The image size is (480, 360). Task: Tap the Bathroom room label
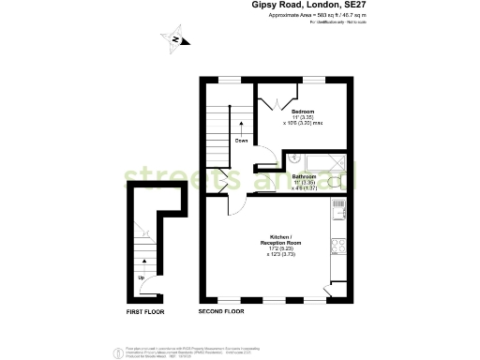303,176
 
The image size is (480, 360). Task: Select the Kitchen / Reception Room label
285,240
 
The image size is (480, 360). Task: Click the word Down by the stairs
241,141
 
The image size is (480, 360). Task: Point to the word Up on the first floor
142,277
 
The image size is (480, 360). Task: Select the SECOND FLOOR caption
221,310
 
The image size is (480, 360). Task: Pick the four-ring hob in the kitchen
337,247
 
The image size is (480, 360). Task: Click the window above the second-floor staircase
230,79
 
